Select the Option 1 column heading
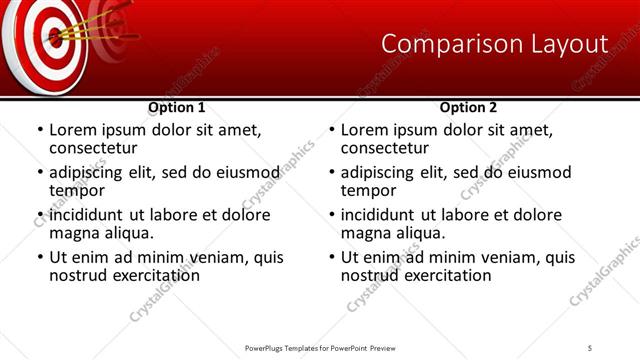(x=177, y=107)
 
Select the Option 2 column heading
(x=468, y=107)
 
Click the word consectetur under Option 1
(x=92, y=148)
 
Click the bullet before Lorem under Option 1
(x=39, y=130)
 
